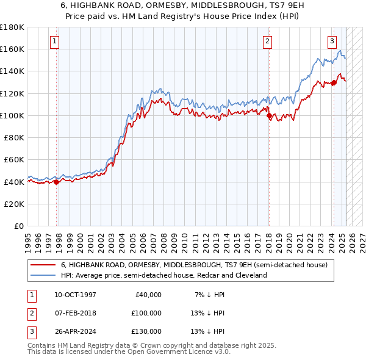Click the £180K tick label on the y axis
[x=12, y=27]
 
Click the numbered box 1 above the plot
[x=55, y=41]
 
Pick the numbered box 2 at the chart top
[x=267, y=41]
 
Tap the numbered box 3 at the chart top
[x=332, y=41]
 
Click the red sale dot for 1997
[x=56, y=181]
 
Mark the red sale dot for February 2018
[x=268, y=115]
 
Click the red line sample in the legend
[x=43, y=265]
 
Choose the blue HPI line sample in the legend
[x=43, y=275]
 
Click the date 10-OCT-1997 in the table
[x=75, y=295]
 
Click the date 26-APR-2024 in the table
[x=75, y=331]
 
